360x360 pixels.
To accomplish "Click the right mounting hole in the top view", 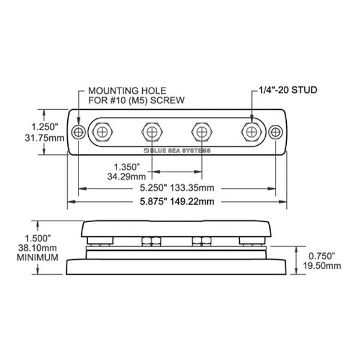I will pos(275,132).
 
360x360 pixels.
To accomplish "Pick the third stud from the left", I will pos(200,131).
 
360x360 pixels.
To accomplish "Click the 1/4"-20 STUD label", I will pos(283,90).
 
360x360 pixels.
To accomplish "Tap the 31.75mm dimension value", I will pos(47,137).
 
